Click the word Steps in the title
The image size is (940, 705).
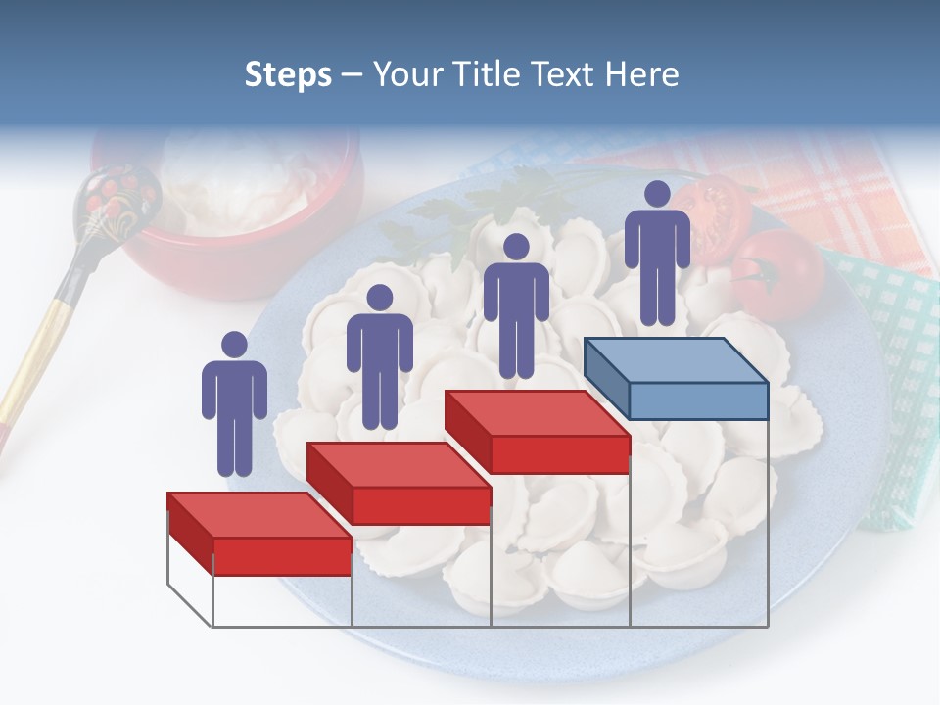click(x=288, y=74)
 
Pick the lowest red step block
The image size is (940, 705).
click(x=259, y=534)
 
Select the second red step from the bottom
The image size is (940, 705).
click(x=399, y=483)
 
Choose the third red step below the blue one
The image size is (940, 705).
click(x=538, y=432)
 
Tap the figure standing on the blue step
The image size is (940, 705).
click(x=657, y=253)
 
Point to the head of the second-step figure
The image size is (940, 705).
click(x=379, y=298)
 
